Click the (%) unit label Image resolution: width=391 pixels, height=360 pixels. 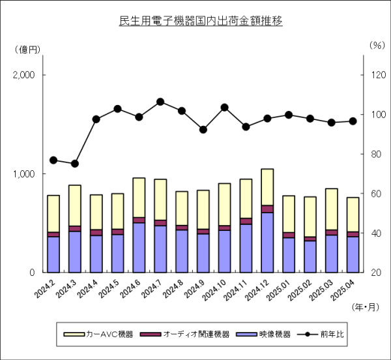point(377,46)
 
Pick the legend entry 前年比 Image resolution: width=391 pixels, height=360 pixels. point(332,334)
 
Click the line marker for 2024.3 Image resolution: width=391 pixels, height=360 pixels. point(75,164)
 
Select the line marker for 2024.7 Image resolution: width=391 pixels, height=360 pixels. point(160,102)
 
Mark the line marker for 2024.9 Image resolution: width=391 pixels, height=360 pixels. point(203,130)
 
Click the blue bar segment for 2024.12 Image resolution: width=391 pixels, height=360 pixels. point(267,242)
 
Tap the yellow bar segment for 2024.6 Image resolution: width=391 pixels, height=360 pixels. point(139,198)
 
